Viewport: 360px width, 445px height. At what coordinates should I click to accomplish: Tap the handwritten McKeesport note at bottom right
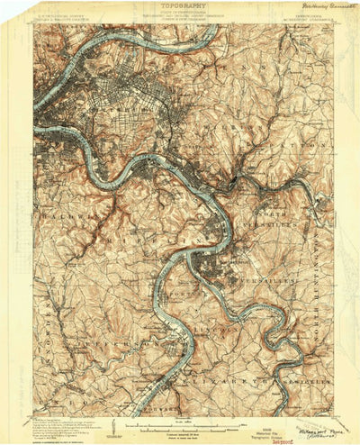(x=306, y=420)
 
